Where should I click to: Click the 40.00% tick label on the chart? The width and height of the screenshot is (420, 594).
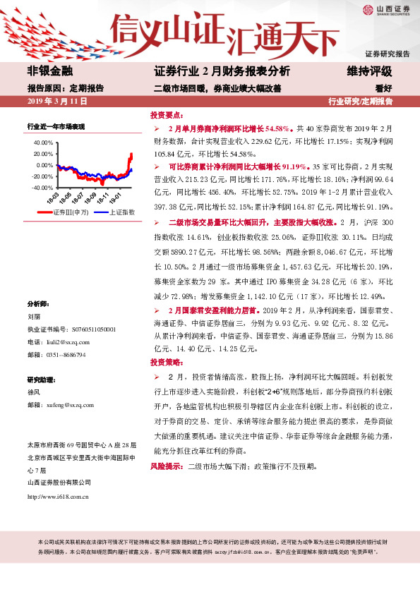coord(42,142)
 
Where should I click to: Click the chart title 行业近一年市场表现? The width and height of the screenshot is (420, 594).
coord(56,126)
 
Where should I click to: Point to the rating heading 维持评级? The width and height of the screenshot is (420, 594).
coord(368,71)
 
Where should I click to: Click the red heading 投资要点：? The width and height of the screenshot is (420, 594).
coord(168,114)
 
